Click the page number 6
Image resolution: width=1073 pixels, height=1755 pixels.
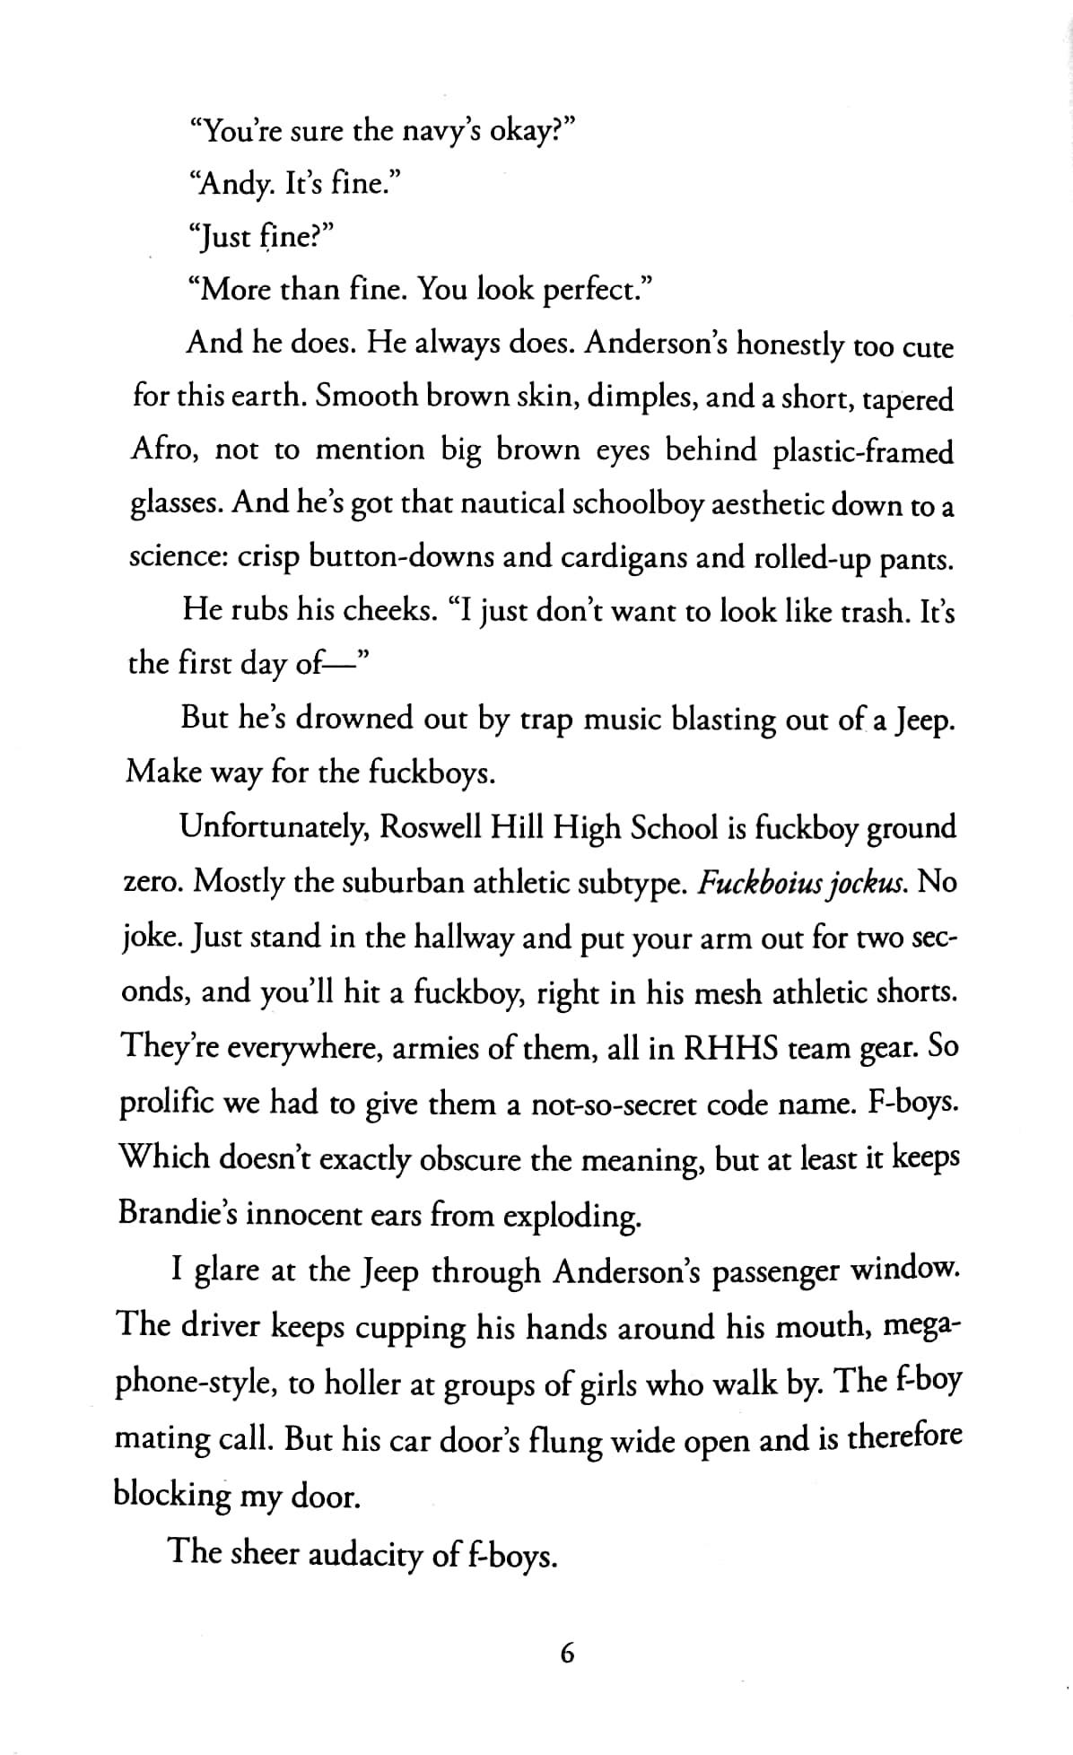565,1652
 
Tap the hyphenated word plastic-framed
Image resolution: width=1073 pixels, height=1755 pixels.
862,451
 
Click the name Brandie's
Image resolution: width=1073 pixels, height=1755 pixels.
178,1214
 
